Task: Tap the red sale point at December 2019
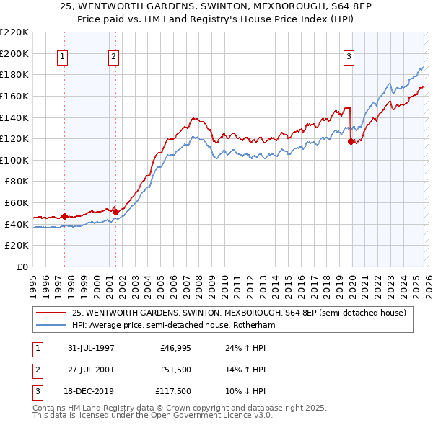tap(351, 142)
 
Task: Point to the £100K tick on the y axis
tap(15, 160)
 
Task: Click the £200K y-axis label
tap(15, 53)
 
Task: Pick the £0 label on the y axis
tap(23, 267)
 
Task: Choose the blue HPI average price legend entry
tap(173, 325)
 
